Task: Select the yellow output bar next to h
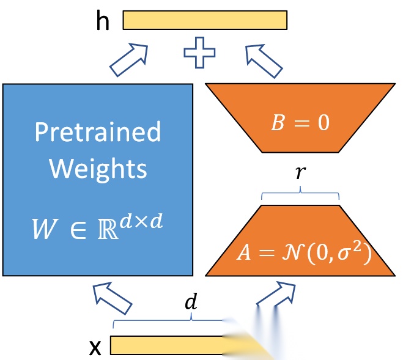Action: (205, 20)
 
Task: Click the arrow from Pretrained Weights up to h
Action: (130, 60)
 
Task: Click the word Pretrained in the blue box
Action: (98, 131)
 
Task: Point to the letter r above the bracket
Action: (300, 173)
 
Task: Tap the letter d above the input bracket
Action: (192, 303)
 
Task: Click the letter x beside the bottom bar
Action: (95, 347)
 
